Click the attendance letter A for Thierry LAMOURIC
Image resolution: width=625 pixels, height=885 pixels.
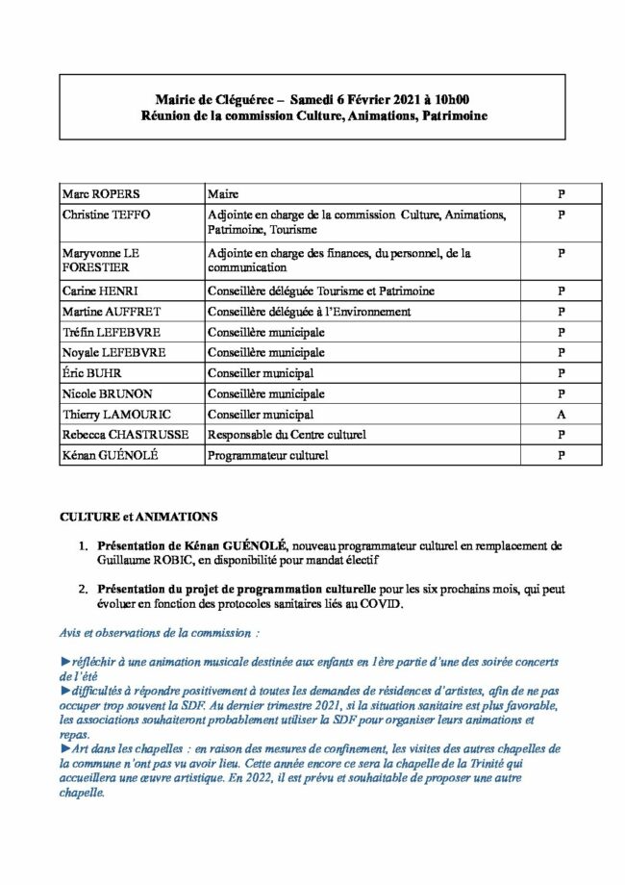[x=562, y=415]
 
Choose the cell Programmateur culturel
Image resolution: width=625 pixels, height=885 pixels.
[x=268, y=455]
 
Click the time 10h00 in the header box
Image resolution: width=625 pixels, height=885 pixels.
[x=451, y=99]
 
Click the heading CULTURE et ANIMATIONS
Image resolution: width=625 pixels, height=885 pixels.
[x=138, y=517]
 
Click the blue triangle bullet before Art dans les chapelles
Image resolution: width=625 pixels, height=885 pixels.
[x=64, y=748]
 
